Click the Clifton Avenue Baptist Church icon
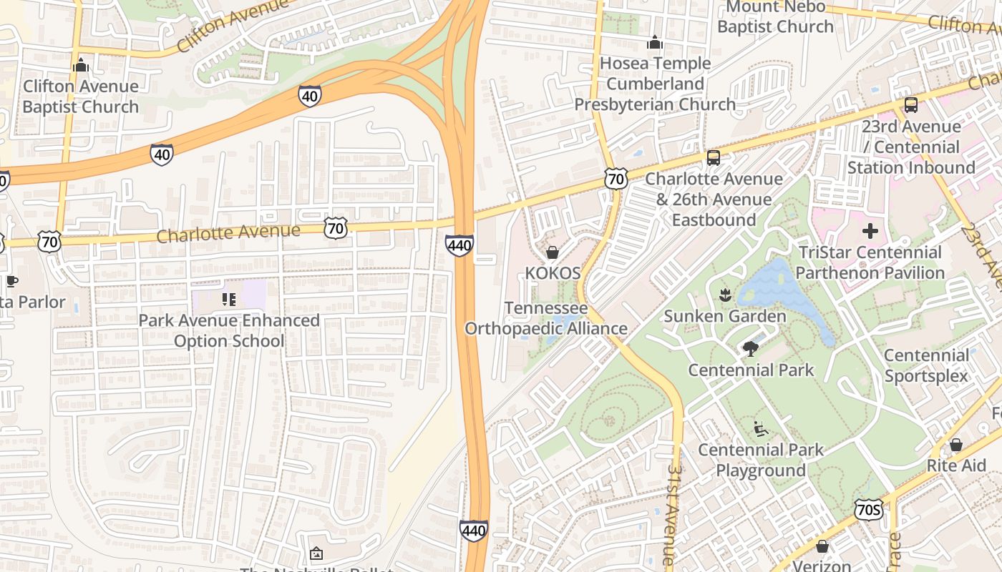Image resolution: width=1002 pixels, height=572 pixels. point(80,66)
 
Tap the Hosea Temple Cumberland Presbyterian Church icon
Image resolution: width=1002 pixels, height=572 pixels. point(654,43)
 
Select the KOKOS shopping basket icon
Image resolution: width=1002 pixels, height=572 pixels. point(553,252)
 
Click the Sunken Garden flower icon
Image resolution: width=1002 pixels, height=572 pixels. point(725,295)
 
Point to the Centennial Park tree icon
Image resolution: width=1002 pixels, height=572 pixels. point(750,349)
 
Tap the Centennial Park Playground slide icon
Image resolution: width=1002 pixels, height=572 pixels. point(761,429)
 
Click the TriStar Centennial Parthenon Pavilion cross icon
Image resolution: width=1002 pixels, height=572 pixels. point(870,231)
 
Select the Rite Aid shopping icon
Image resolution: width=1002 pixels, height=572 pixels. point(955,445)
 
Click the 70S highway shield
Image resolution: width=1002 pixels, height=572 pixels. point(868,509)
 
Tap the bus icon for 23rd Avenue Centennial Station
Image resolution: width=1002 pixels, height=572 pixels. point(910,105)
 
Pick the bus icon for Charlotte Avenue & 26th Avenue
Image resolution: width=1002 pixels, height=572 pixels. point(714,157)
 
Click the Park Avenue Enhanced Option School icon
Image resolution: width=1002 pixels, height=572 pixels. point(229,299)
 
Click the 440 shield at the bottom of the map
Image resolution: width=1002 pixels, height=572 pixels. point(473,531)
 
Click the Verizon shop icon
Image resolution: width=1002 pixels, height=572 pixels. point(822,546)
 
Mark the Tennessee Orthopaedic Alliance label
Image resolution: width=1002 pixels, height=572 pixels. point(546,318)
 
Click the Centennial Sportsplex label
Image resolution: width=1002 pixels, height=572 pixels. point(925,365)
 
